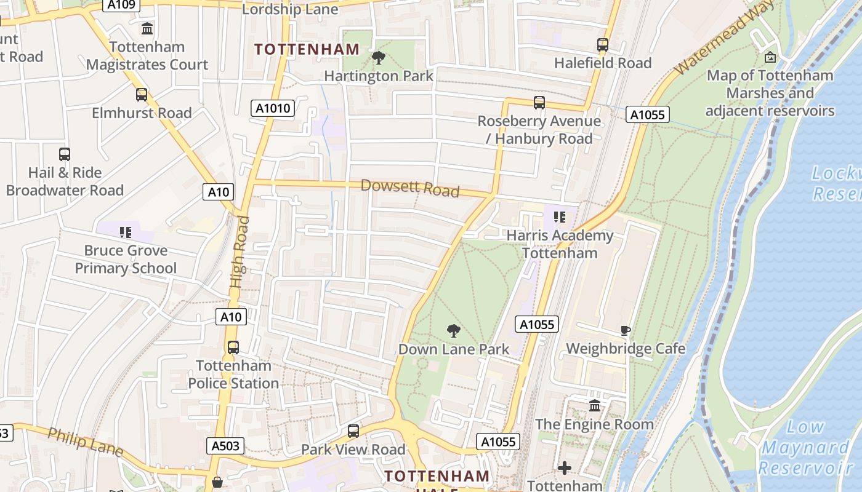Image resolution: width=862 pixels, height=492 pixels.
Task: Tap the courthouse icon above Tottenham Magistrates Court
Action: tap(147, 28)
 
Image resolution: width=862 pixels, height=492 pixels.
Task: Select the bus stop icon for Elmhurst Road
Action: tap(142, 95)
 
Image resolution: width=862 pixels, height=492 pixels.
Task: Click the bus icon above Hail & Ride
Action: tap(65, 154)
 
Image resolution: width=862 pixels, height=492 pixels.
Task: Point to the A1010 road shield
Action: tap(273, 109)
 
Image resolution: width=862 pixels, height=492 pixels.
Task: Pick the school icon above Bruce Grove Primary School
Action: tap(126, 232)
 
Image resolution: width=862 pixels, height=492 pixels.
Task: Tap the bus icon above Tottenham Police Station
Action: tap(233, 347)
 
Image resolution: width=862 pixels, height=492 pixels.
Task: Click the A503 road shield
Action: tap(225, 446)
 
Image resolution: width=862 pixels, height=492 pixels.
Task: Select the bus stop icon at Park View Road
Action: tap(353, 431)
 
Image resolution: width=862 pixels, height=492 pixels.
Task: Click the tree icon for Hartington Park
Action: tap(379, 58)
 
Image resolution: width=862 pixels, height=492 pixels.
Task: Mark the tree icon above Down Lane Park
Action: tap(454, 331)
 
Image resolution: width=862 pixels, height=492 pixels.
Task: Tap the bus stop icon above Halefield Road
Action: tap(602, 45)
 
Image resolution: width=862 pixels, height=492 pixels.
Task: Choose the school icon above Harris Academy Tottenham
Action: tap(560, 217)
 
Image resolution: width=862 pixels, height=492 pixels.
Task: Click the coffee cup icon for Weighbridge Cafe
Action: tap(626, 330)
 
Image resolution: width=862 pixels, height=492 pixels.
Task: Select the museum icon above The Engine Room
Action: tap(595, 405)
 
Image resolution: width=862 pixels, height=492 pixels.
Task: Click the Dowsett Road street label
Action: tap(410, 188)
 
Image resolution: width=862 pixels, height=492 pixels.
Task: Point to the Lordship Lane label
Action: tap(290, 9)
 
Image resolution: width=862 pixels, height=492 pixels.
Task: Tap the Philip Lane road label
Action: tap(86, 442)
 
